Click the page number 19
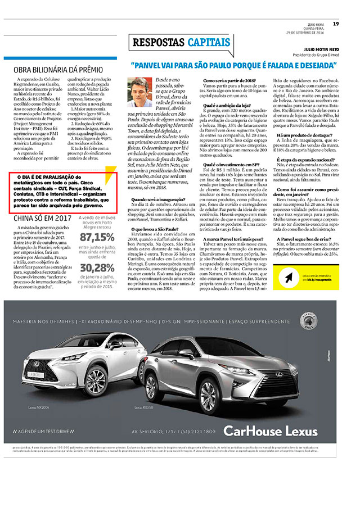click(x=335, y=24)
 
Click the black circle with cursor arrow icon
click(x=289, y=278)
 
